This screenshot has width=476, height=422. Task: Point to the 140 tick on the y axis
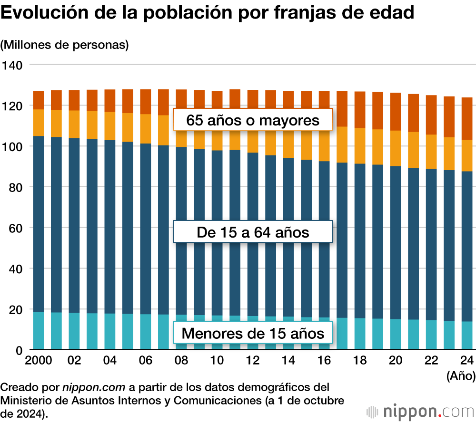tap(12, 65)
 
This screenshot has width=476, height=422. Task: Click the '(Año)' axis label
tap(461, 376)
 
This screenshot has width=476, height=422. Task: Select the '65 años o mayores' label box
tap(253, 120)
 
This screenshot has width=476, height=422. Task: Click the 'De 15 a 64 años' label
tap(253, 232)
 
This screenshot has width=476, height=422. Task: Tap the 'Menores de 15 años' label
tap(253, 333)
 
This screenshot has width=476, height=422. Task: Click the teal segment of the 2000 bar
tap(39, 331)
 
